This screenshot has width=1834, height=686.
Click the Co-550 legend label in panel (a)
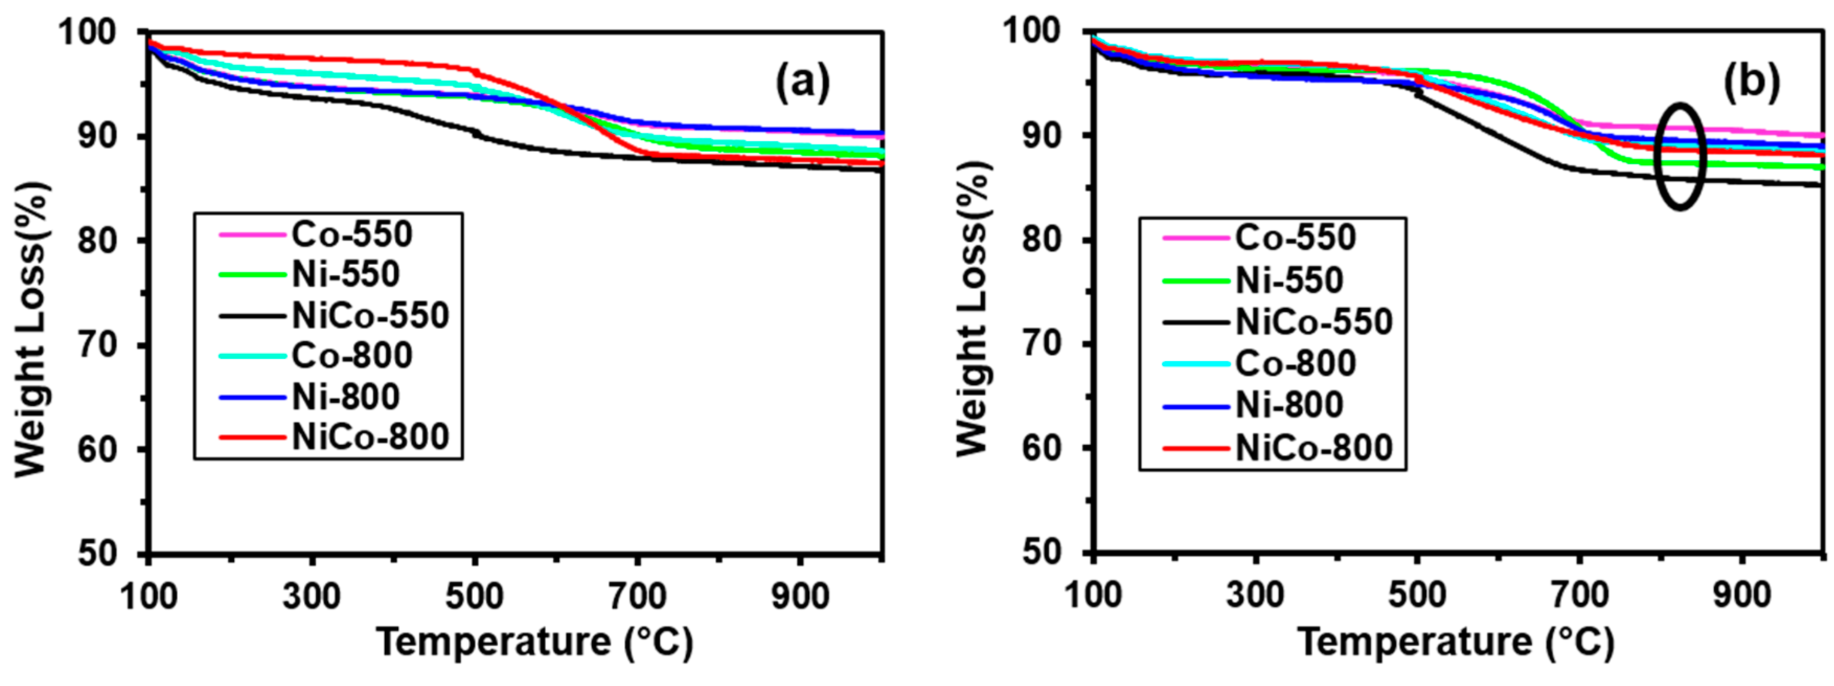pos(352,234)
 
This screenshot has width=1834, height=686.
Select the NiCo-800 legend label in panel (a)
pos(370,437)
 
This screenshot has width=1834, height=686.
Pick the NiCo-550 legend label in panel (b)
pos(1314,322)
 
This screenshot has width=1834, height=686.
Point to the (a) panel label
pos(803,83)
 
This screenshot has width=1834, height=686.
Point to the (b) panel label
pos(1751,82)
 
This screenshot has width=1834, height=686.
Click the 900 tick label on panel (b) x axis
pos(1741,595)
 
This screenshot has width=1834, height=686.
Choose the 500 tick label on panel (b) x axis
pos(1417,595)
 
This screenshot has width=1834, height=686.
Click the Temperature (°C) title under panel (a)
pos(534,642)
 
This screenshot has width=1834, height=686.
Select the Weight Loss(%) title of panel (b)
pos(972,306)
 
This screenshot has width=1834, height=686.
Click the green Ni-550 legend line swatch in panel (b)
pos(1196,280)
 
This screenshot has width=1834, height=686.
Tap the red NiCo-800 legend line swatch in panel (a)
pos(252,437)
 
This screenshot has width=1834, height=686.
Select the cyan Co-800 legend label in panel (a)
pos(352,355)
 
